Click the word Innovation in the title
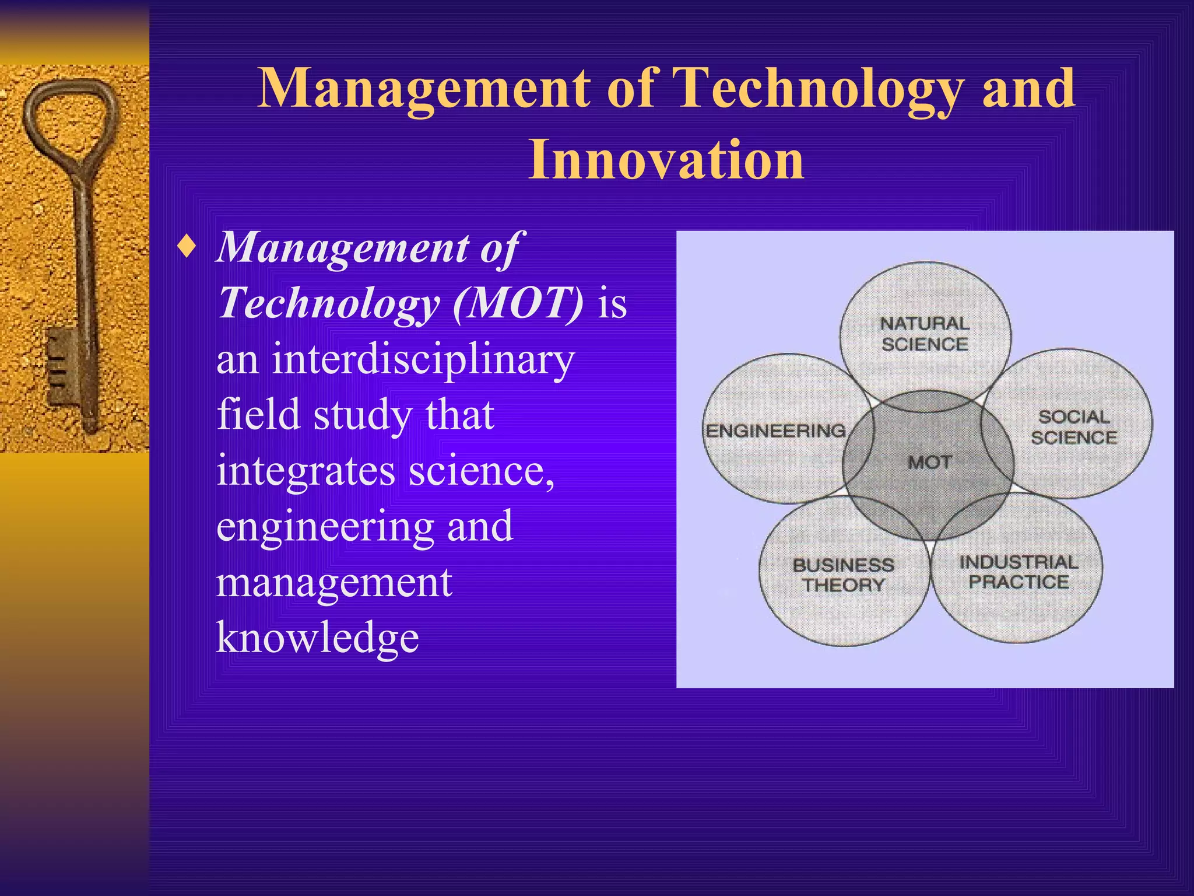pyautogui.click(x=666, y=160)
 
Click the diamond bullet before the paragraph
pyautogui.click(x=187, y=247)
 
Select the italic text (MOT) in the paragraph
pyautogui.click(x=518, y=303)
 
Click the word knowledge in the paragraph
pyautogui.click(x=317, y=637)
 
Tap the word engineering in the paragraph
pyautogui.click(x=325, y=526)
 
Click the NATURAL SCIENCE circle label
pyautogui.click(x=925, y=334)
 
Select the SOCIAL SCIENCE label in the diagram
pyautogui.click(x=1073, y=427)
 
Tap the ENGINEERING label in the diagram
pyautogui.click(x=775, y=431)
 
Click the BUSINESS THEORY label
pyautogui.click(x=843, y=575)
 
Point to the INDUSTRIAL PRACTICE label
pyautogui.click(x=1019, y=572)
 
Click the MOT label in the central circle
pyautogui.click(x=929, y=463)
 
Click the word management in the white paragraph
pyautogui.click(x=333, y=582)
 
